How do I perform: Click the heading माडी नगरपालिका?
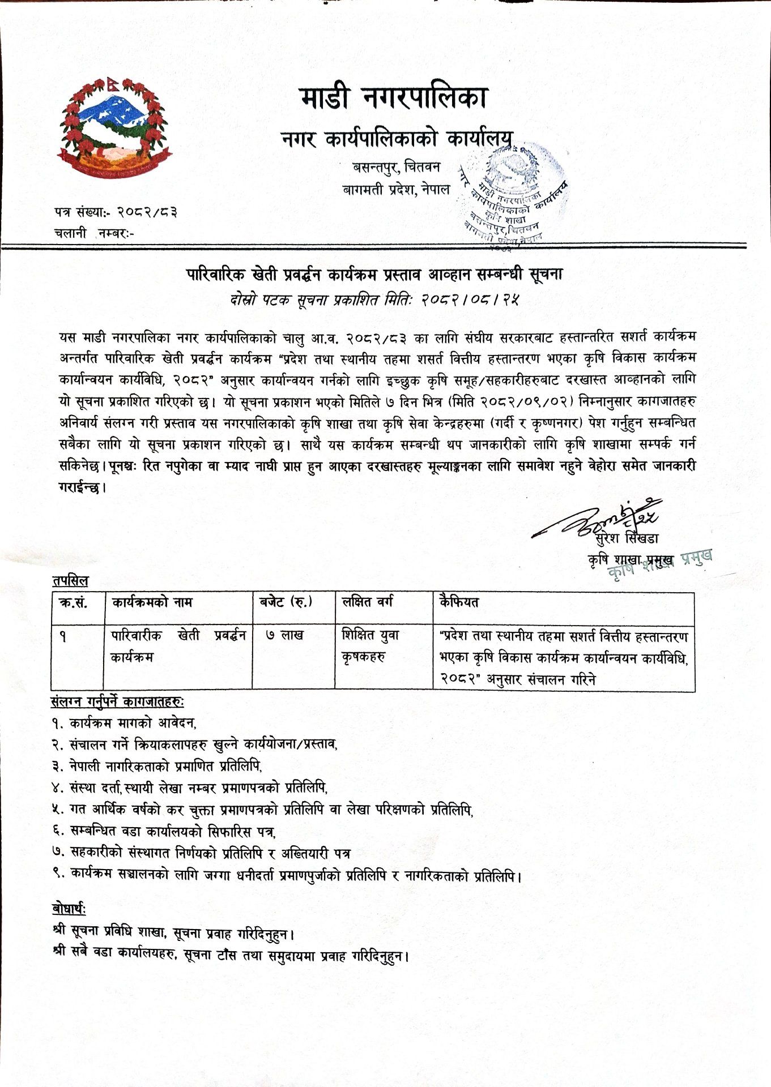[x=393, y=99]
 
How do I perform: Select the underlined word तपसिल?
[x=70, y=581]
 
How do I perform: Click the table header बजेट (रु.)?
[x=286, y=602]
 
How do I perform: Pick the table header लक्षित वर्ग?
[x=368, y=602]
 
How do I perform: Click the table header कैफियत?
[x=458, y=602]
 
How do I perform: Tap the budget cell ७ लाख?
[x=285, y=636]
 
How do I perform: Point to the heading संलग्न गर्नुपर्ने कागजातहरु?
[x=117, y=702]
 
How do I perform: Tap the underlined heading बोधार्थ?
[x=69, y=909]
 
